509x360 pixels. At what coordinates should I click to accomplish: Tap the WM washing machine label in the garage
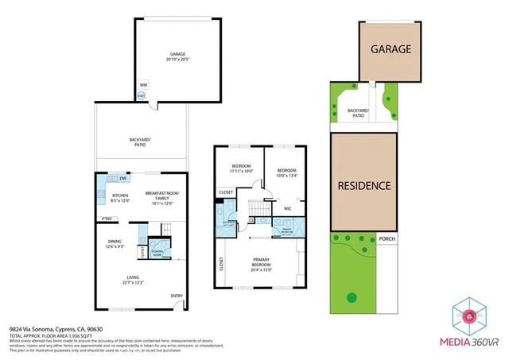143,84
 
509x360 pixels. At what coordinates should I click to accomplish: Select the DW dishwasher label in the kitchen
122,178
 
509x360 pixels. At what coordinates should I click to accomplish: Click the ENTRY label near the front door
176,296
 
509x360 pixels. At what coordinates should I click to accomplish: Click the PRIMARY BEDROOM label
261,262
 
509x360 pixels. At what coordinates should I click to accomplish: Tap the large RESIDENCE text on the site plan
364,186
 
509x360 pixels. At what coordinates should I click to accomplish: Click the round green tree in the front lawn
351,298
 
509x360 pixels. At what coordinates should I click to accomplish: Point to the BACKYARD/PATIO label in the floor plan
141,142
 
